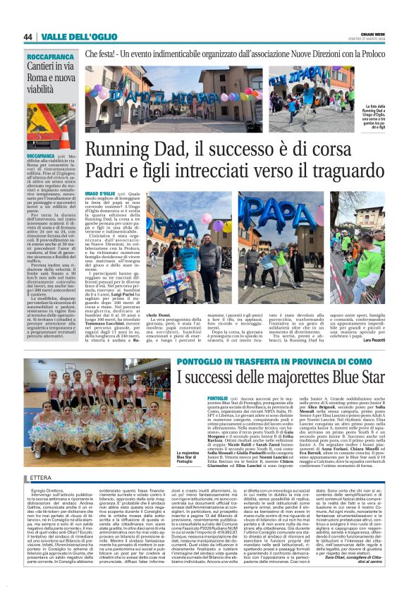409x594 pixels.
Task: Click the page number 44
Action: click(x=28, y=37)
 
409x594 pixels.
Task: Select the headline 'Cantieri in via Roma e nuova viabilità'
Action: click(x=50, y=77)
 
